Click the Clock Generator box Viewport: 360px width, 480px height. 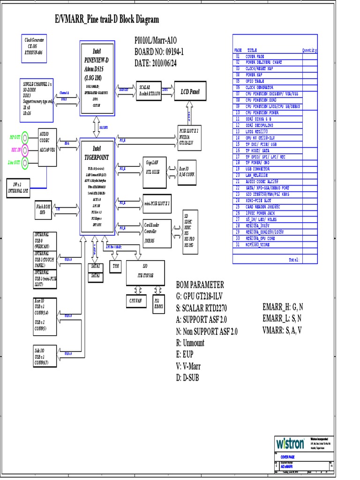[34, 46]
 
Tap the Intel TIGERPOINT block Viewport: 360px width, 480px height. [97, 187]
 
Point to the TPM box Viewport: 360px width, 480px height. [115, 266]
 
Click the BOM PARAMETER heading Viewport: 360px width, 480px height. [206, 285]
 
